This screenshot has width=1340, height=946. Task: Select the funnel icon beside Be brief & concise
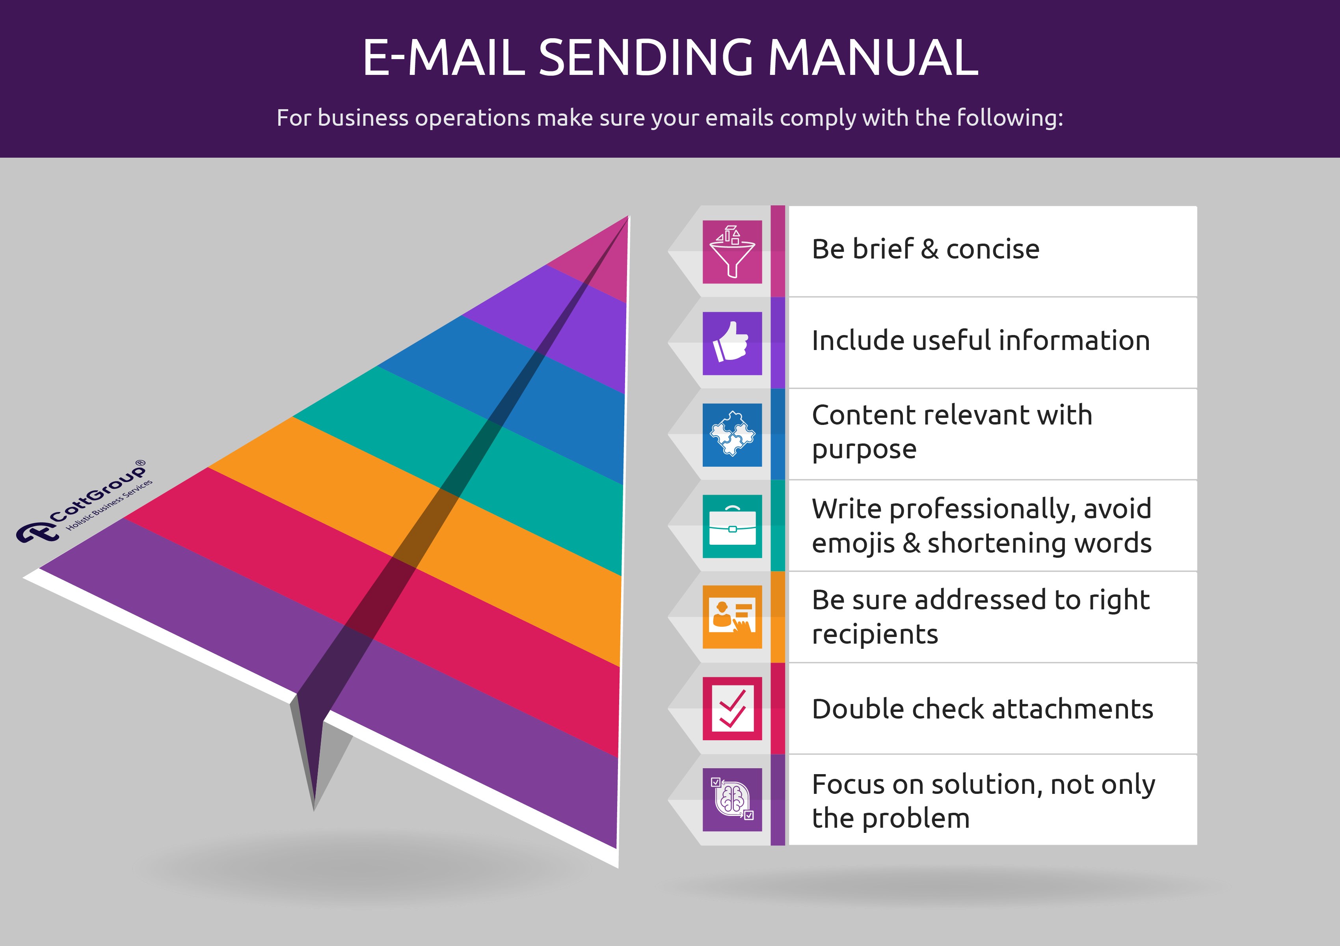732,251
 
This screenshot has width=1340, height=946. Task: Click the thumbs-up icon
732,343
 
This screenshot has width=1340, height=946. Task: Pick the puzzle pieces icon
732,435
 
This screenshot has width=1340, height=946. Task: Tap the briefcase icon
732,526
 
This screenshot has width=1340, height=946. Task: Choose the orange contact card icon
732,617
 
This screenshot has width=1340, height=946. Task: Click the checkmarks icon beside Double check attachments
732,708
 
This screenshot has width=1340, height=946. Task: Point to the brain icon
732,799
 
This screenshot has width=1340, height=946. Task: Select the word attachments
1072,709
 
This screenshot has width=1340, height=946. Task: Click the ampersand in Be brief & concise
929,249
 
